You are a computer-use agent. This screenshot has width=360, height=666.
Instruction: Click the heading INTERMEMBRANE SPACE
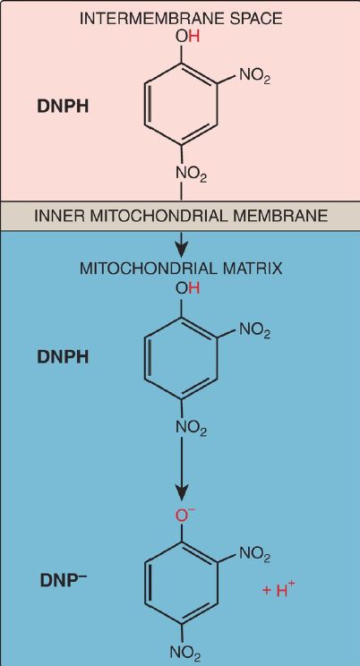[x=182, y=19]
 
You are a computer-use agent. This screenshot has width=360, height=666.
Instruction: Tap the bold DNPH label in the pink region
[x=64, y=107]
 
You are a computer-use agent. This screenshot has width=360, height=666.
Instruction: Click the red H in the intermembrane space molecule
[x=193, y=37]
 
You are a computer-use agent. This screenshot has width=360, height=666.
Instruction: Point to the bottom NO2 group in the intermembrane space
[x=192, y=174]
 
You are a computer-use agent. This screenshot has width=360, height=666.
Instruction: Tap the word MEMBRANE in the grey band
[x=291, y=217]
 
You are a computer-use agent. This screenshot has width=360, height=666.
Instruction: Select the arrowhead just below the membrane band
[x=182, y=252]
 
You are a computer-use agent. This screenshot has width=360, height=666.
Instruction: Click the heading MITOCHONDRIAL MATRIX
[x=181, y=269]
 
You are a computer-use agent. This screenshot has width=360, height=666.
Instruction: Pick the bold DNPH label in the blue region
[x=64, y=357]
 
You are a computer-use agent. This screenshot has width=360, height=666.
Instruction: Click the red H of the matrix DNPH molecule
[x=193, y=288]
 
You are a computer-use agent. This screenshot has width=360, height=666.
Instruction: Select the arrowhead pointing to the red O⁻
[x=182, y=494]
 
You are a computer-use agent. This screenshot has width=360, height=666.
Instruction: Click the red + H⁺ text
[x=279, y=590]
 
